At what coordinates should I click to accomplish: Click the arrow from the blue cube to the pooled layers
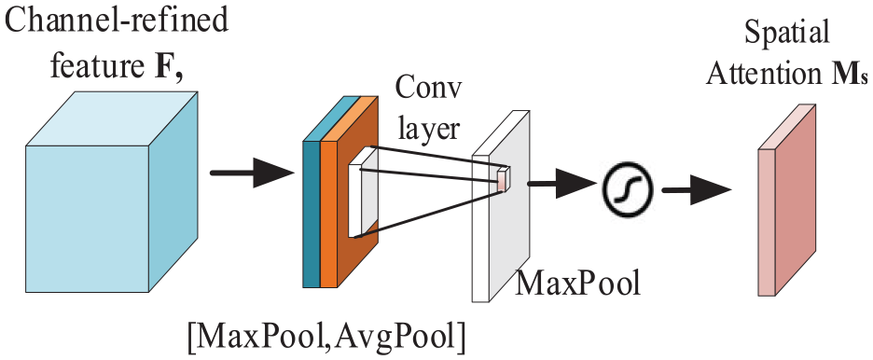click(x=252, y=173)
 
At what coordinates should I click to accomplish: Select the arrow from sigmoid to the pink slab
click(x=696, y=189)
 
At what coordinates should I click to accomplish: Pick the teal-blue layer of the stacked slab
click(x=312, y=215)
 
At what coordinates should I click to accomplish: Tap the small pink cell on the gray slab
click(x=504, y=179)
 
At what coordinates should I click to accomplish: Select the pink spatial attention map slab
click(x=787, y=200)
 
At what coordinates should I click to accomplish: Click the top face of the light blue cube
click(x=112, y=119)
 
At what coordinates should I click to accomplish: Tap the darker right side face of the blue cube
click(x=173, y=191)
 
